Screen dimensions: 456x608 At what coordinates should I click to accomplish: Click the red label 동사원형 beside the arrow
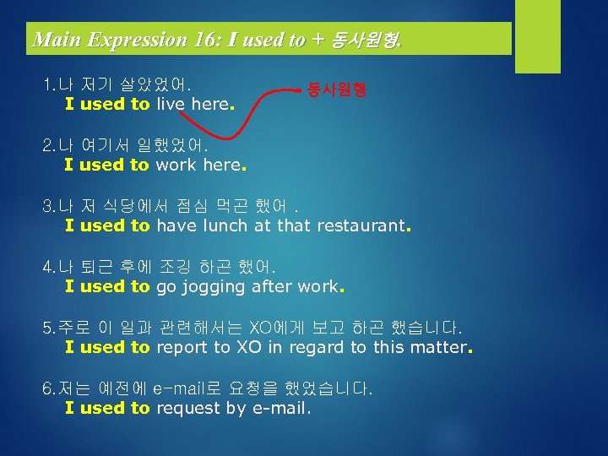coord(337,88)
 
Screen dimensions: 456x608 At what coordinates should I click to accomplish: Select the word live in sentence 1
coord(170,104)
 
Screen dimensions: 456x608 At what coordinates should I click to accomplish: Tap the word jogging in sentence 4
coord(209,287)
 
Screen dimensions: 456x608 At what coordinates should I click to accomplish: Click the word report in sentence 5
coord(182,347)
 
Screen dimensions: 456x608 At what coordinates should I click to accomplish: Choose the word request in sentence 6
coord(188,408)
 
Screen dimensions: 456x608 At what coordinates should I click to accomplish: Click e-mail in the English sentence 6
coord(279,408)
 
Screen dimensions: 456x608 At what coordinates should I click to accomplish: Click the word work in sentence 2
coord(176,165)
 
